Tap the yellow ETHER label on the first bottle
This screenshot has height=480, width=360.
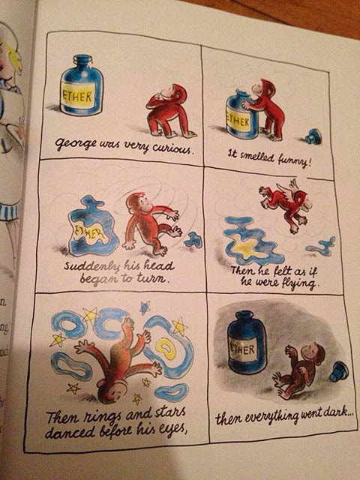pos(78,97)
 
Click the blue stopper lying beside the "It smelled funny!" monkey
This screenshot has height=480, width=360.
pos(313,136)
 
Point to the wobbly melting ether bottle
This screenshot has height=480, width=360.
pos(91,226)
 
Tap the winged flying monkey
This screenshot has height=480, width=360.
pos(285,205)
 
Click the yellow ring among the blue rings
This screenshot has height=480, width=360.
pos(166,349)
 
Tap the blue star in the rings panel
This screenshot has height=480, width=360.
pos(145,308)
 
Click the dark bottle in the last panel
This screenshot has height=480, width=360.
pos(247,342)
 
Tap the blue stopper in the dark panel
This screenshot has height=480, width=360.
pos(338,371)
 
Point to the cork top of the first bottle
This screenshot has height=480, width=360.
pos(82,58)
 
